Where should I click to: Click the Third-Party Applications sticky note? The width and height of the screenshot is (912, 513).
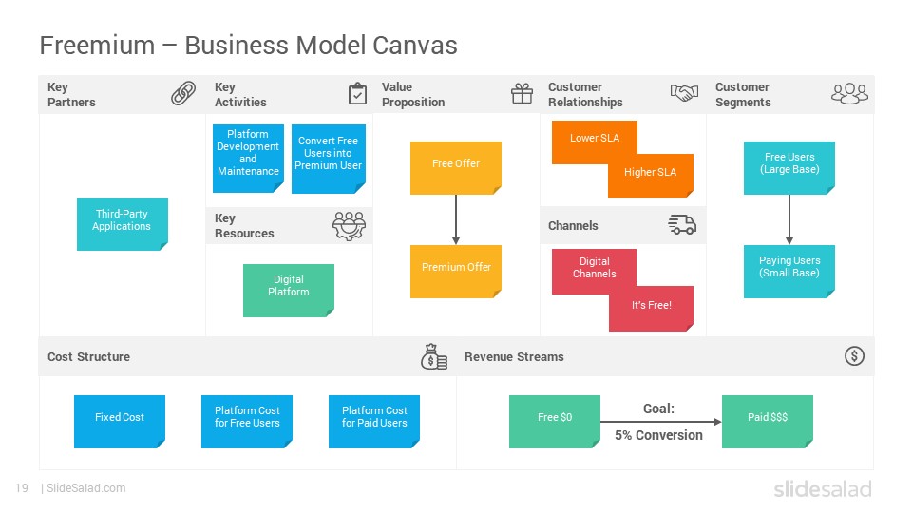[x=123, y=224]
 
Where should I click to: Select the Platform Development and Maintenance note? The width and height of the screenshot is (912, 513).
[x=248, y=159]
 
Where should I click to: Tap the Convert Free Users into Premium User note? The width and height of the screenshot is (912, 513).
[x=328, y=159]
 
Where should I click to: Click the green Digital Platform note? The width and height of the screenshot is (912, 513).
[x=289, y=291]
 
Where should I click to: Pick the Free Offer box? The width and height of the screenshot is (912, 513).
[x=455, y=167]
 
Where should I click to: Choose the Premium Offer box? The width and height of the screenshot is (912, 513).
[x=455, y=271]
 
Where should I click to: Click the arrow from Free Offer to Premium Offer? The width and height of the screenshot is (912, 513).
[x=456, y=219]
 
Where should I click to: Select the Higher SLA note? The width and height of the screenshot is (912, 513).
[x=650, y=175]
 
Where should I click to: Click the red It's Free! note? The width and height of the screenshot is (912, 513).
[x=651, y=308]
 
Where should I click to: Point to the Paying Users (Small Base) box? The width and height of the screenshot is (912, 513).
[x=789, y=271]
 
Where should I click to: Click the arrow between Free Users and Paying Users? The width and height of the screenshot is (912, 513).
[x=789, y=219]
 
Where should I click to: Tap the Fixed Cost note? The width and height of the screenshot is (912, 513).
[x=120, y=422]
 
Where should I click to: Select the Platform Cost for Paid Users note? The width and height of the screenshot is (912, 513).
[x=374, y=422]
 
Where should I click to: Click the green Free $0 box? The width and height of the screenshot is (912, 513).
[x=554, y=422]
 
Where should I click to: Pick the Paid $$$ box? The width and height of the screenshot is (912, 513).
[x=768, y=422]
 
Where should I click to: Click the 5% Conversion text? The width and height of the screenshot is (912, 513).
[x=658, y=435]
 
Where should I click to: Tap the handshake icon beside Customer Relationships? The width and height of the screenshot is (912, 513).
[x=684, y=93]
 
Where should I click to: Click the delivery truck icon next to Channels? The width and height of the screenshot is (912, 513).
[x=682, y=224]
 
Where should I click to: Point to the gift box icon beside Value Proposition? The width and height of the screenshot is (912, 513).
[x=522, y=93]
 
